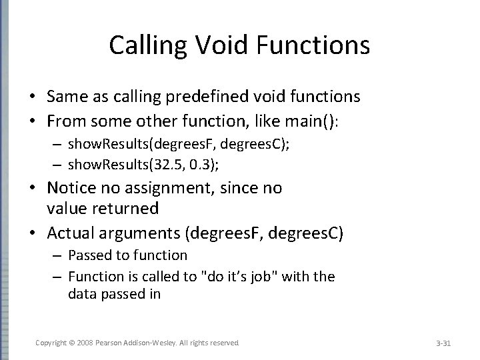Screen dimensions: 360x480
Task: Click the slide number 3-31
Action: pyautogui.click(x=443, y=343)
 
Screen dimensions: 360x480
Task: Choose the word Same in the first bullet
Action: pyautogui.click(x=66, y=97)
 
